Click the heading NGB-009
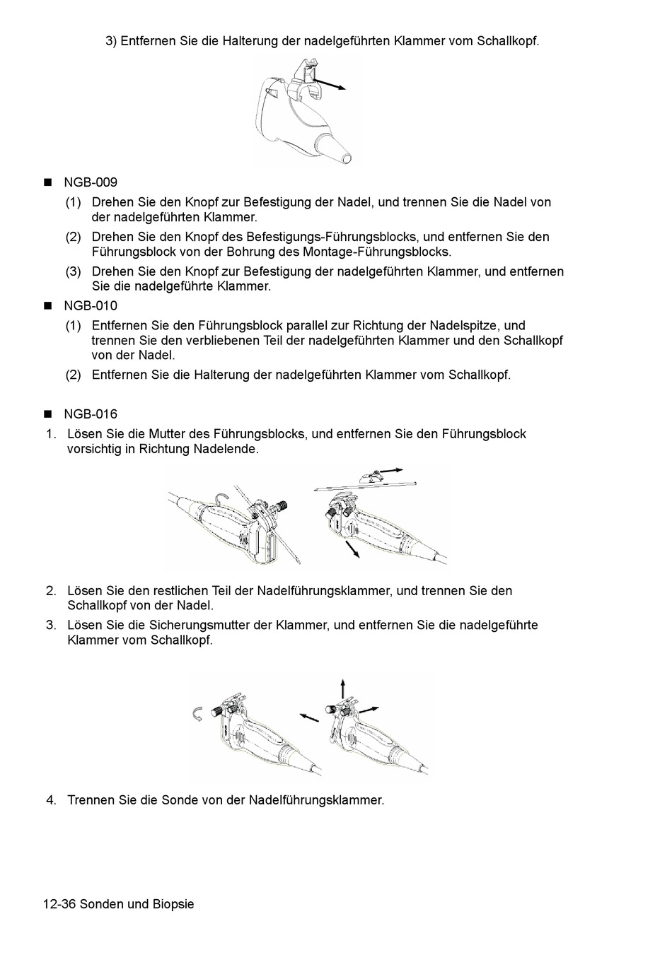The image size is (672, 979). coord(91,182)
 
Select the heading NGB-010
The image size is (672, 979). coord(91,306)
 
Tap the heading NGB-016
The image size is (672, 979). coord(91,414)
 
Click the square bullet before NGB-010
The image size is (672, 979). coord(49,306)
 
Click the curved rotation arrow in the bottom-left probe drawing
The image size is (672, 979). coord(199,714)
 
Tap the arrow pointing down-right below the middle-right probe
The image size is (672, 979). coord(352,549)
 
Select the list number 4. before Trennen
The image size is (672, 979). coord(51,800)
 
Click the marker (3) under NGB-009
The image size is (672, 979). coord(74,271)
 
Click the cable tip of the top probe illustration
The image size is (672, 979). coord(344,156)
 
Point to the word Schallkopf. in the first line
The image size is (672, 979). coord(508,41)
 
